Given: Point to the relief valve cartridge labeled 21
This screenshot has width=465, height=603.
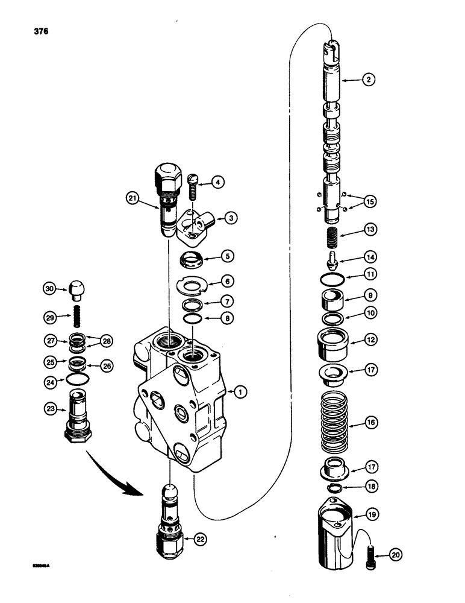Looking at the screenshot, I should coord(166,197).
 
